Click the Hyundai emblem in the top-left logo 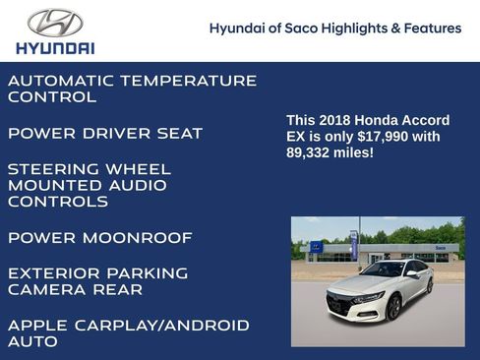tap(55, 23)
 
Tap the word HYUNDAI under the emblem tap(56, 47)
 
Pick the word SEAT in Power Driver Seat tap(178, 133)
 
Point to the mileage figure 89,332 tap(309, 153)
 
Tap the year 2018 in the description tap(332, 120)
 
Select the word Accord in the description tap(422, 120)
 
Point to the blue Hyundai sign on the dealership tap(317, 247)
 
